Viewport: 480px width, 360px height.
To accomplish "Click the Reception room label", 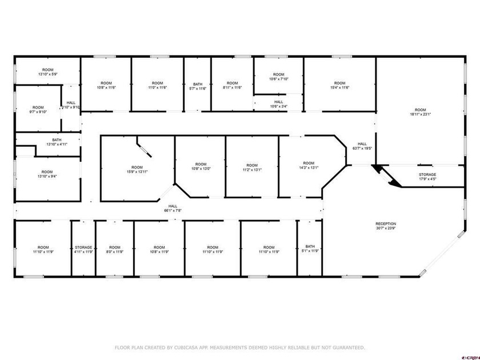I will [386, 226].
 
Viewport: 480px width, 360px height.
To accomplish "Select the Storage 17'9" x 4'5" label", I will [427, 177].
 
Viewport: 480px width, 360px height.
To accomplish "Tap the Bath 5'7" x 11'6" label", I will [198, 86].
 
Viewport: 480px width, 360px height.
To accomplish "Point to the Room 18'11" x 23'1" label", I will [420, 112].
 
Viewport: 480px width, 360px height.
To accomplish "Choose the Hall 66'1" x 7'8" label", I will [172, 208].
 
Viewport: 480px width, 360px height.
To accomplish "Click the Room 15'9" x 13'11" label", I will [135, 169].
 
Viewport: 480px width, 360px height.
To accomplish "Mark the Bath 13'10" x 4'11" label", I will [57, 142].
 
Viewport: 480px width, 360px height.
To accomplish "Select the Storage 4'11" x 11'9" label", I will [83, 249].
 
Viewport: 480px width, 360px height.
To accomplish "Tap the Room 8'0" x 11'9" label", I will [115, 249].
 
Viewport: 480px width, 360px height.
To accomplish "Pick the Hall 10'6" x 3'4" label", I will [278, 104].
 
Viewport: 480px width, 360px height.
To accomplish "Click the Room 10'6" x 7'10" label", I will [278, 77].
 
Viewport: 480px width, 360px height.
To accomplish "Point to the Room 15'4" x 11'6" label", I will [339, 85].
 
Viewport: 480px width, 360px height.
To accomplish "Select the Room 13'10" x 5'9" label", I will [47, 72].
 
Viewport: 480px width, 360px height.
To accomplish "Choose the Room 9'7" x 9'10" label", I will [38, 109].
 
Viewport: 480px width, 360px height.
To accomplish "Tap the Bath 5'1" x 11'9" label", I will [310, 249].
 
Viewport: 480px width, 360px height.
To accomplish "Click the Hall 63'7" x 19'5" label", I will [362, 146].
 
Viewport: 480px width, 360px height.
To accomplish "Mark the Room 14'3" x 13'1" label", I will [309, 165].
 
